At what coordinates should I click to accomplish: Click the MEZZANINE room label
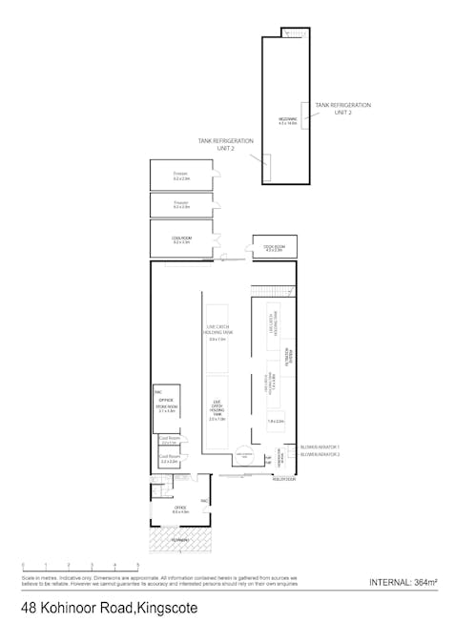pos(288,119)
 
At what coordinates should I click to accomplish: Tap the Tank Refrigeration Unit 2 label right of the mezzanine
pos(343,108)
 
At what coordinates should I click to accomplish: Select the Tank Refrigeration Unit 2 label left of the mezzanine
pos(226,143)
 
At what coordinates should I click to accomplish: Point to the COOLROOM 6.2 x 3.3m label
pos(182,239)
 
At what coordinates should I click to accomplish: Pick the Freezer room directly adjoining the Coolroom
pos(182,204)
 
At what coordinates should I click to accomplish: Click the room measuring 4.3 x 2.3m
pos(267,247)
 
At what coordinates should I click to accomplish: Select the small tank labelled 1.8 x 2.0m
pos(276,421)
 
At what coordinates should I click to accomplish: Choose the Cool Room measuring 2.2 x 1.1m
pos(170,441)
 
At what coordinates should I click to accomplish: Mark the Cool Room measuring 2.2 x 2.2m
pos(170,459)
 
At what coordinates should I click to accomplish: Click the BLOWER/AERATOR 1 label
pos(320,447)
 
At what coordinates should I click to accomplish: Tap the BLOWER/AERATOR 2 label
pos(320,454)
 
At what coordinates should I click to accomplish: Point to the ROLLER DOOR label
pos(283,480)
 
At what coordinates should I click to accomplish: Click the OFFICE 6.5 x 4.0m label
pos(181,509)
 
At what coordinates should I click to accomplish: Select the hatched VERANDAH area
pos(181,541)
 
